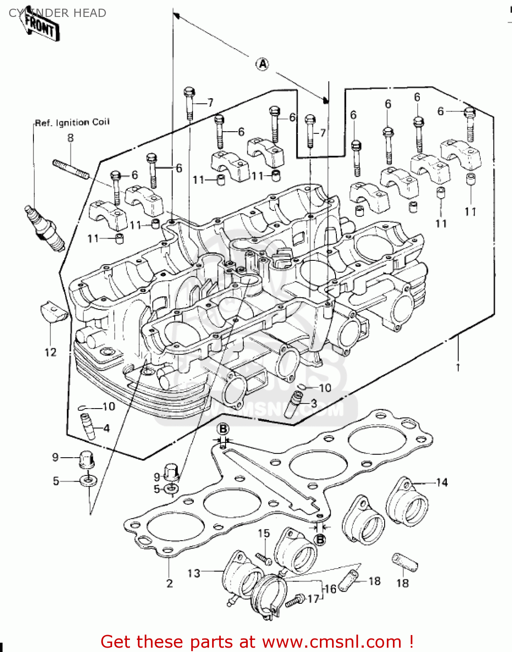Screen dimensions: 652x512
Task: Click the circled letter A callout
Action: pyautogui.click(x=263, y=64)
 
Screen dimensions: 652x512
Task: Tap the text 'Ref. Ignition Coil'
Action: pyautogui.click(x=72, y=123)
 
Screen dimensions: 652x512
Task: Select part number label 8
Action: pyautogui.click(x=70, y=138)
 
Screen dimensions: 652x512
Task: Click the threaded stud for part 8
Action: pyautogui.click(x=71, y=169)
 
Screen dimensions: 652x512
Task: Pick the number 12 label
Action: pyautogui.click(x=50, y=352)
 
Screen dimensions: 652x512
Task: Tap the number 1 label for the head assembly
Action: pyautogui.click(x=457, y=368)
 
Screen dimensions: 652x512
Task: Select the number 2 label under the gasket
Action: pyautogui.click(x=170, y=583)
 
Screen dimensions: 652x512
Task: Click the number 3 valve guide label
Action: pyautogui.click(x=314, y=403)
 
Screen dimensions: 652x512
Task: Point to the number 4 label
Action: pyautogui.click(x=106, y=428)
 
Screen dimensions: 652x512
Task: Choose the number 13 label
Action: pyautogui.click(x=194, y=573)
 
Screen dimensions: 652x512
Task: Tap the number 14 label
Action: pyautogui.click(x=442, y=482)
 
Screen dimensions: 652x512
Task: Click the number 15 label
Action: pyautogui.click(x=264, y=533)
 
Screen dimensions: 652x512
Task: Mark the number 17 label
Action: pyautogui.click(x=313, y=599)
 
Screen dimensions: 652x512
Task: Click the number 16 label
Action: pyautogui.click(x=330, y=589)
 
